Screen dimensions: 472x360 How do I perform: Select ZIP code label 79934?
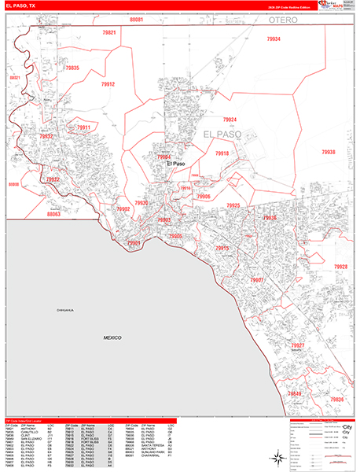[274, 39]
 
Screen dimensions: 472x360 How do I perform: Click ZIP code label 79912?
[108, 84]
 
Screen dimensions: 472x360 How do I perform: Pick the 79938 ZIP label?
[328, 152]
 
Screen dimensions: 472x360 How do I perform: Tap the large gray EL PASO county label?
[226, 135]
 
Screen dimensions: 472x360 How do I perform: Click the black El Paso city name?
[175, 164]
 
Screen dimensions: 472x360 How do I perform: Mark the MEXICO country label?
[112, 337]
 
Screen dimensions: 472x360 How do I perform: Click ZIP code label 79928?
[340, 267]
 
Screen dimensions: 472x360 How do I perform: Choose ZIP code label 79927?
[298, 346]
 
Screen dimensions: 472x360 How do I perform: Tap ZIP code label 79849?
[294, 393]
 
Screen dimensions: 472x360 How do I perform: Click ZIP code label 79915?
[222, 249]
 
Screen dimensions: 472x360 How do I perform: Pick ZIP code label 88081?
[137, 18]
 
